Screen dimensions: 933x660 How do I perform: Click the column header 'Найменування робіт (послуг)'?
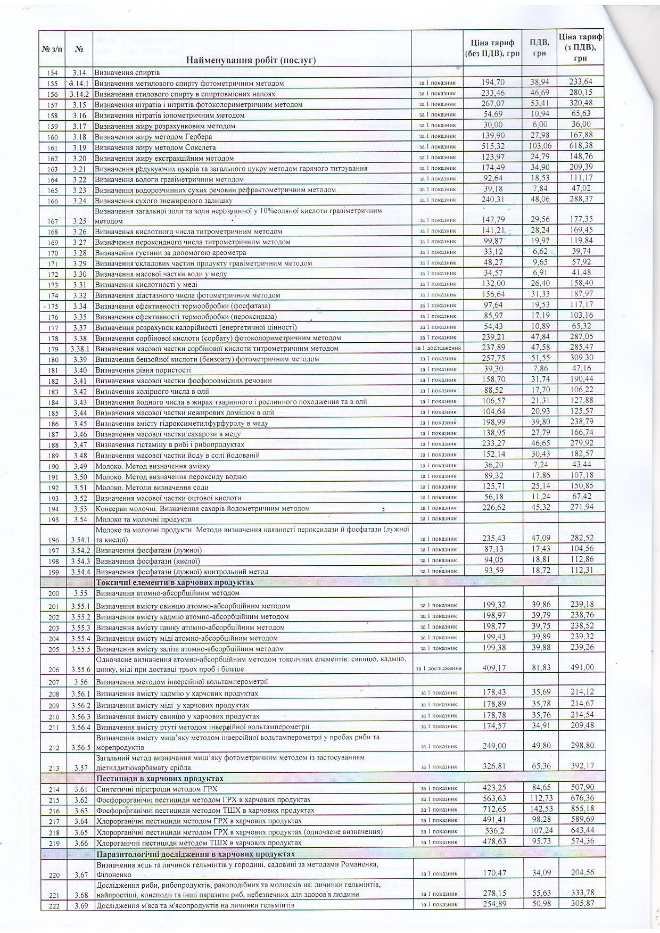[251, 60]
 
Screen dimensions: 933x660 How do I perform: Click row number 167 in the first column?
[53, 221]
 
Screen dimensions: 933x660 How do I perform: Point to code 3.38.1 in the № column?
[80, 349]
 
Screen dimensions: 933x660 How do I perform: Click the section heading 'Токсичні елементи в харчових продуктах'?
[175, 582]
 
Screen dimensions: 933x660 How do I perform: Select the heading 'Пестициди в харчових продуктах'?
[160, 778]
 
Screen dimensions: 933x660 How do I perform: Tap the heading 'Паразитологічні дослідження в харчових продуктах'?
[195, 854]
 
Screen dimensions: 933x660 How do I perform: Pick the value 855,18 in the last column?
[581, 810]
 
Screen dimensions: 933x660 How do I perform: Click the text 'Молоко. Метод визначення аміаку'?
[147, 466]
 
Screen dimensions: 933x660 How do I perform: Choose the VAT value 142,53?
[539, 810]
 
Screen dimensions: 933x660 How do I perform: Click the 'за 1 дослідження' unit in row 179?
[438, 348]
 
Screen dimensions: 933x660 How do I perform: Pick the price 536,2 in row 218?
[493, 831]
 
